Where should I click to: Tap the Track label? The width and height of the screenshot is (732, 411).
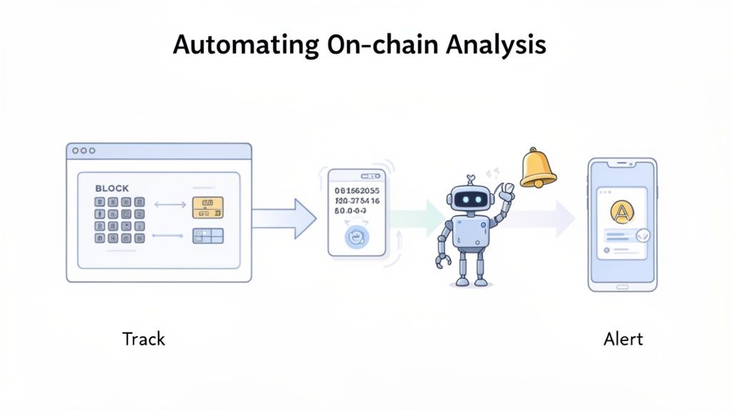(143, 338)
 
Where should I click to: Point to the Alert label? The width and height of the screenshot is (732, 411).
(623, 338)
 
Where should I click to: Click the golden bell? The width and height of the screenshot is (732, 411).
(537, 168)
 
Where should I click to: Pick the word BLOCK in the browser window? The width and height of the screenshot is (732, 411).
(112, 188)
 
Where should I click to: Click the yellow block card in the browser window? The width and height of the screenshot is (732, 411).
(207, 207)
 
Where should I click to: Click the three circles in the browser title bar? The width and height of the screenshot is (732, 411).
(84, 151)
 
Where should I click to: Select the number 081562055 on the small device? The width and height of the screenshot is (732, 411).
(358, 191)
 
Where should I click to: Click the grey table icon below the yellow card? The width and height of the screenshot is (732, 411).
(207, 236)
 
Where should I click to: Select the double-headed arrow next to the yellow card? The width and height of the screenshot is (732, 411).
(169, 205)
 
